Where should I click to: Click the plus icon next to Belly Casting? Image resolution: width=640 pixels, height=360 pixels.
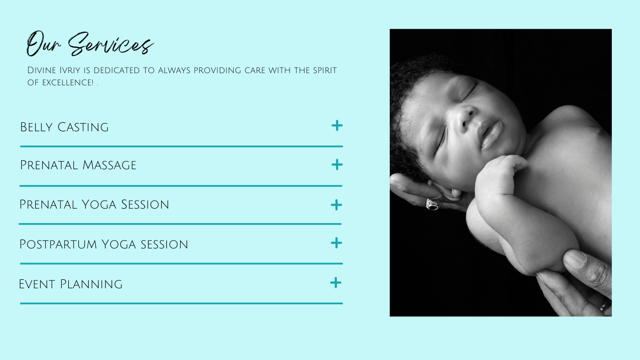(x=337, y=126)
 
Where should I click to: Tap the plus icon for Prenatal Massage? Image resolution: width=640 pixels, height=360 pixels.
(x=337, y=165)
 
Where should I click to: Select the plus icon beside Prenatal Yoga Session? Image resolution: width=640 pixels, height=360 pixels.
(x=336, y=205)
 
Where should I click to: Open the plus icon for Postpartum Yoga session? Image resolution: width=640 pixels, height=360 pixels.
(x=336, y=243)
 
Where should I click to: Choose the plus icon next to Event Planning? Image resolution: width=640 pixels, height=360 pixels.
(x=336, y=283)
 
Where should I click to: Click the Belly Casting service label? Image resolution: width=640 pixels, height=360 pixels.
(x=64, y=127)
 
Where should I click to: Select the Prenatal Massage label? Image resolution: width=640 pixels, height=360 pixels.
(x=78, y=165)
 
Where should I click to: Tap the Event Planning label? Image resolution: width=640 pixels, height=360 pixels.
(x=71, y=284)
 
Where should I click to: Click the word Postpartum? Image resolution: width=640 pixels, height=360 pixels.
(x=54, y=245)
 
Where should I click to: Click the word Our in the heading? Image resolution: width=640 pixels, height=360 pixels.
(x=44, y=44)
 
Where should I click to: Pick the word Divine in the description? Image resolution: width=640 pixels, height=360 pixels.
(x=41, y=70)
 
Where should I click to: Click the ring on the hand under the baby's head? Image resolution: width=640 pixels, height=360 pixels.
(x=432, y=204)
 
